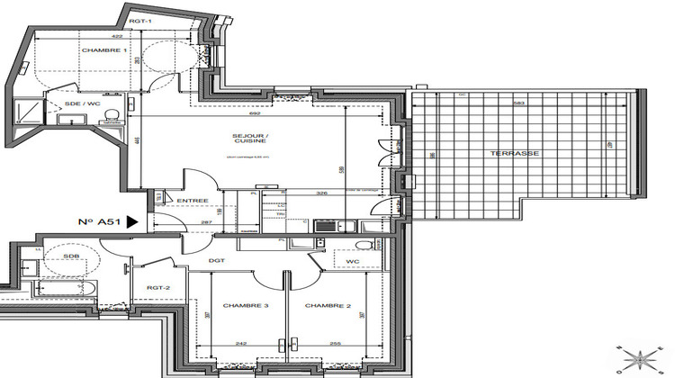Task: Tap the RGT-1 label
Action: tap(139, 19)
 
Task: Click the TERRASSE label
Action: tap(515, 153)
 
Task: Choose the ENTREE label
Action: tap(193, 200)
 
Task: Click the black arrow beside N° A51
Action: tap(132, 220)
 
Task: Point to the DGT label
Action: tap(217, 261)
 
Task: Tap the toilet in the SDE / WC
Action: tap(111, 114)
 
